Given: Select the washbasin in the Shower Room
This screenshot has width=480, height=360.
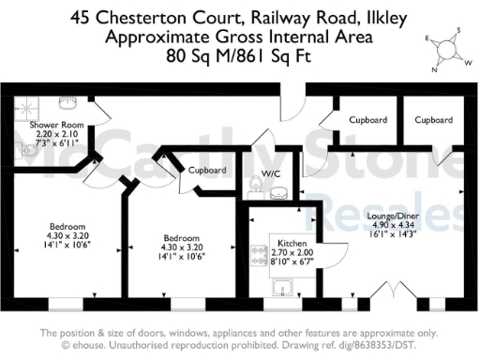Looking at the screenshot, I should pyautogui.click(x=67, y=102).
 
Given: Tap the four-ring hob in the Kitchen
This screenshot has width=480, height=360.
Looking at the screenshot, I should pyautogui.click(x=260, y=253).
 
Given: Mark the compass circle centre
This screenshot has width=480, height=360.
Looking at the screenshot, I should pyautogui.click(x=446, y=50).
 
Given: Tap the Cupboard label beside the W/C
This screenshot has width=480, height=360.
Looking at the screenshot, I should pyautogui.click(x=207, y=171).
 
